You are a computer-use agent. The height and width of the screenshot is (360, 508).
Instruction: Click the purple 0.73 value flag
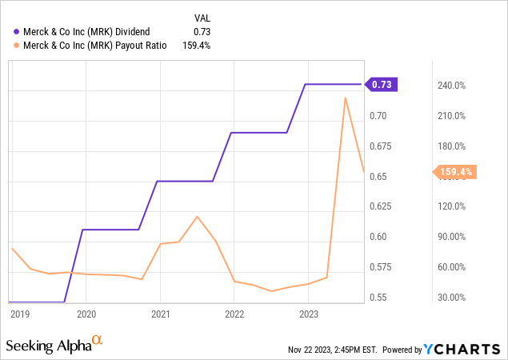382,84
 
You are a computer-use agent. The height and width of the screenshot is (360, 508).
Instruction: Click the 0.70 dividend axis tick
379,116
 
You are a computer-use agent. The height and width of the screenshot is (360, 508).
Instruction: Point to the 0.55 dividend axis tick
379,298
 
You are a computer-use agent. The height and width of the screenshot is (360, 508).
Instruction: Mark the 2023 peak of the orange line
345,98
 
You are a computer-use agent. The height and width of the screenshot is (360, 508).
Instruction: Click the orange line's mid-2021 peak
197,216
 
